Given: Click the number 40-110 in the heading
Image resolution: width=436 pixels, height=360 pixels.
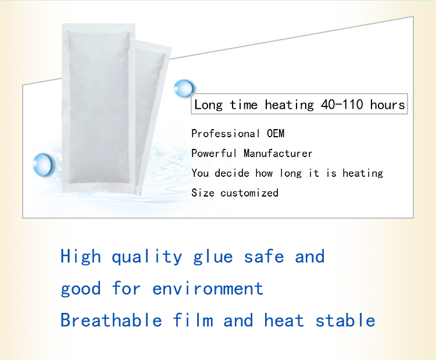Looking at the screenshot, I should coord(342,105).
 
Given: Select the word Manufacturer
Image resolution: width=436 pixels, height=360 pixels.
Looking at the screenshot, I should coord(278,154).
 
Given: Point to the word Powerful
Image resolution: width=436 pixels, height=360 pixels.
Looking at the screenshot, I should coord(214,154).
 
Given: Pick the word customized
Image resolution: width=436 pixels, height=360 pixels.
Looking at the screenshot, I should coord(249,193).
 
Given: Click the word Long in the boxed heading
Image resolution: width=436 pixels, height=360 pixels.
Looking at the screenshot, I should coord(209,105).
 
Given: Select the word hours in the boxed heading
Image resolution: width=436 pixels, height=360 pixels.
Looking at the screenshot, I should coord(387,105).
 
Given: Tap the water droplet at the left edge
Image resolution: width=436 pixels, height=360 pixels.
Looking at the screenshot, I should coord(43,163).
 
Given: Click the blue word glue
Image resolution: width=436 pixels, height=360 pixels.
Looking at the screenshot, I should coord(213,257).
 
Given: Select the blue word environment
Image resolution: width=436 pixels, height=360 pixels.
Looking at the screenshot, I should coord(208,288).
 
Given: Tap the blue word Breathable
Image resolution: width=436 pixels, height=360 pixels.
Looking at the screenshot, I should coord(111,320).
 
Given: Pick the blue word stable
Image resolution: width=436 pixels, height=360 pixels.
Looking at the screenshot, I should coord(345,320).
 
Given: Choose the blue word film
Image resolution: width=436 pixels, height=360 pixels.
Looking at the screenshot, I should coord(193,320).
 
